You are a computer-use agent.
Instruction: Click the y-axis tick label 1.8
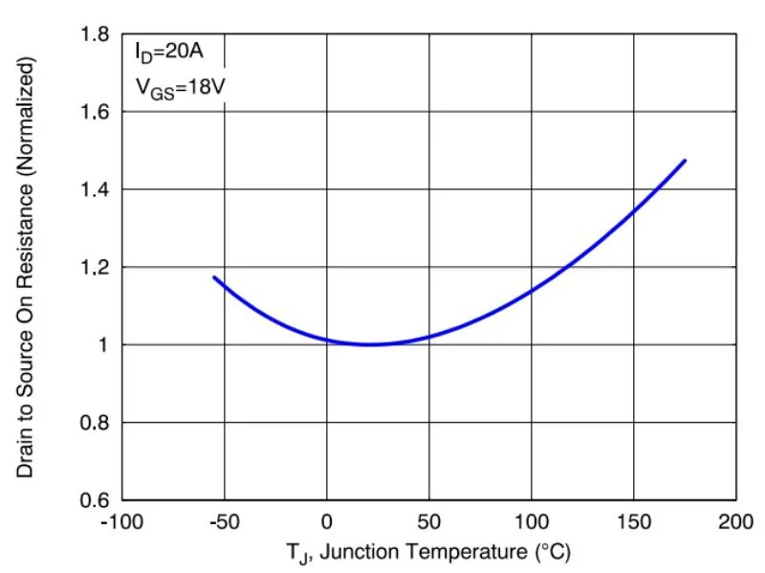pyautogui.click(x=96, y=35)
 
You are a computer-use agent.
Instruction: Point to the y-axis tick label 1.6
pyautogui.click(x=96, y=113)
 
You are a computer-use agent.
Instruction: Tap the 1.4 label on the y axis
pyautogui.click(x=96, y=190)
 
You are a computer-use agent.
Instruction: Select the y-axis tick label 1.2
pyautogui.click(x=96, y=268)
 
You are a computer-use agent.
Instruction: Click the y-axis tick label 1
pyautogui.click(x=102, y=345)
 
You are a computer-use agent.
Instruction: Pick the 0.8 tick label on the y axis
pyautogui.click(x=96, y=423)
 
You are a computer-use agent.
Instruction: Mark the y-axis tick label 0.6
pyautogui.click(x=96, y=500)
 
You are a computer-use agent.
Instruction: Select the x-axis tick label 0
pyautogui.click(x=327, y=522)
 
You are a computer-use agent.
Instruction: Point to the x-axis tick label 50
pyautogui.click(x=429, y=522)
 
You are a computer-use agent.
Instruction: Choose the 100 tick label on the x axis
pyautogui.click(x=532, y=522)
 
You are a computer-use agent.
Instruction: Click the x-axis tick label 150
pyautogui.click(x=634, y=522)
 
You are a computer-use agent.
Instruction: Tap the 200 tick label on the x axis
pyautogui.click(x=736, y=522)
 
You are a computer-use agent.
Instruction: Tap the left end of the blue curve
pyautogui.click(x=214, y=277)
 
